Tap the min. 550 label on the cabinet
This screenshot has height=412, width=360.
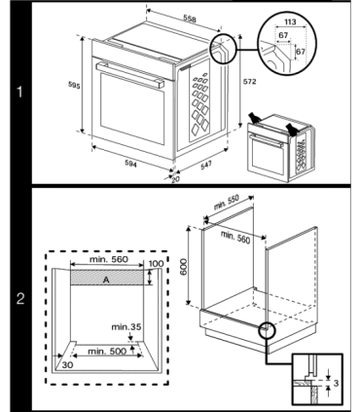tap(227, 207)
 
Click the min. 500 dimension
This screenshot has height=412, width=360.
tap(105, 351)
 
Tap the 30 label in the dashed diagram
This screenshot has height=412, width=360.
tap(67, 368)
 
